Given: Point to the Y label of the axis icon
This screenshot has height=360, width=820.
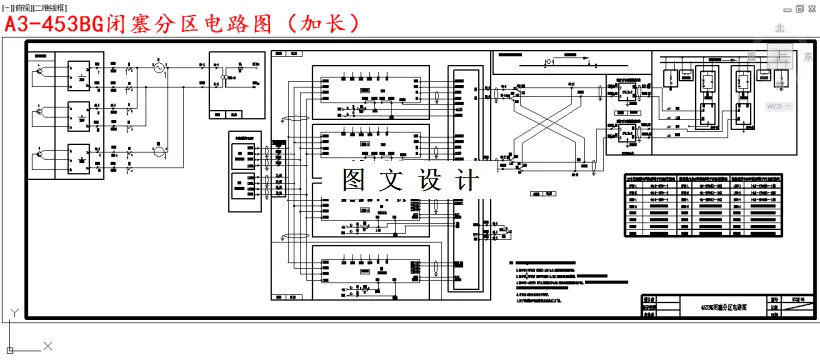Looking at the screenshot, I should (x=12, y=313).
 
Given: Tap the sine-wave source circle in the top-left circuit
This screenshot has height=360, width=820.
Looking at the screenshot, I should (x=157, y=67).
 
